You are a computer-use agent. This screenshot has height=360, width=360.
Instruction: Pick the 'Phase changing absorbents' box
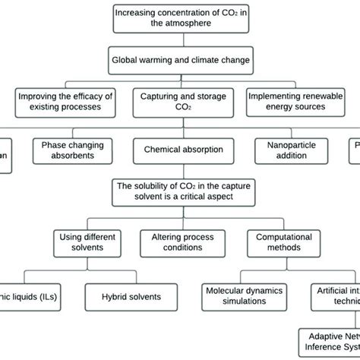[74, 150]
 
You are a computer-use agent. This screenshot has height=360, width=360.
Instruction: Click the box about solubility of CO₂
[183, 192]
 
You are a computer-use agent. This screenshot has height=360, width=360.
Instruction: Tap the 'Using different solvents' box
[89, 241]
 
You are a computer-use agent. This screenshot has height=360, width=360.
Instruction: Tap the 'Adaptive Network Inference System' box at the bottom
[329, 340]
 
